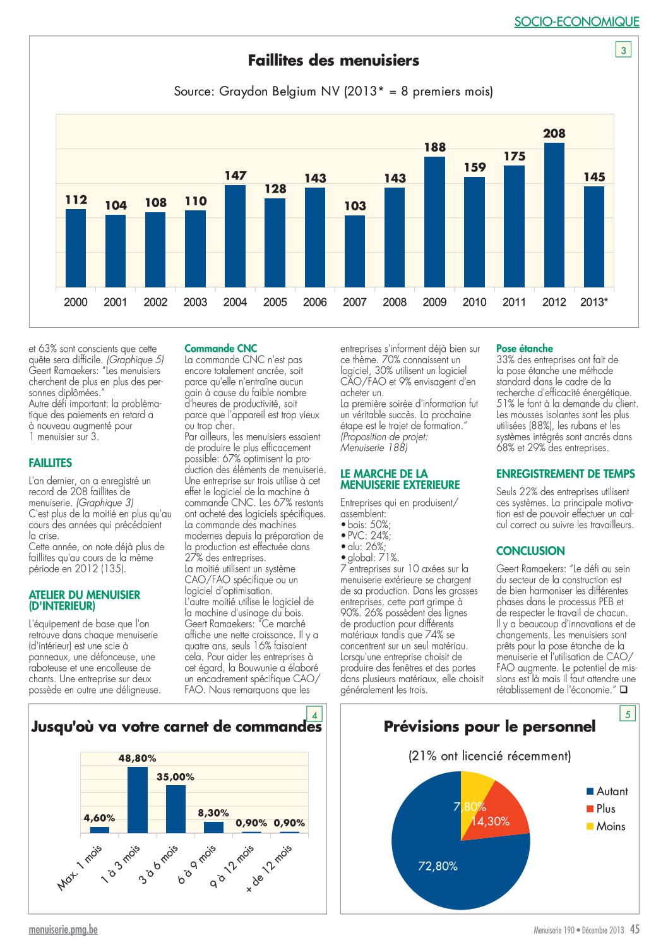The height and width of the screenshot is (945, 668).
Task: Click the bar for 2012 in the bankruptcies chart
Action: click(x=554, y=215)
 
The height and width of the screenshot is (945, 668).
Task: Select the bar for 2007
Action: click(x=355, y=251)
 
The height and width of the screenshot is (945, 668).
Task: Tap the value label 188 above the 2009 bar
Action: click(x=435, y=147)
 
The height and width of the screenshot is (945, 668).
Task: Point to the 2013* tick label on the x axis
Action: click(x=593, y=302)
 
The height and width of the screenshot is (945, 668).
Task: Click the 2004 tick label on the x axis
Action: click(x=235, y=302)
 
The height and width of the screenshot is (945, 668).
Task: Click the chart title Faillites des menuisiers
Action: click(x=333, y=61)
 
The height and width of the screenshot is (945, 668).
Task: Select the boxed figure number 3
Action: click(x=623, y=50)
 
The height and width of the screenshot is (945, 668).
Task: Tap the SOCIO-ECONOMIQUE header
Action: click(x=576, y=21)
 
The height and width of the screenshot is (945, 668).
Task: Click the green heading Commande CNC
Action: click(x=220, y=349)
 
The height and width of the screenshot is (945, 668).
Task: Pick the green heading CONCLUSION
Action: click(x=530, y=551)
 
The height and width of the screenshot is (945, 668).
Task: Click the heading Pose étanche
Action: click(x=524, y=349)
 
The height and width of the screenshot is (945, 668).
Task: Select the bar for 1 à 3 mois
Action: click(x=138, y=800)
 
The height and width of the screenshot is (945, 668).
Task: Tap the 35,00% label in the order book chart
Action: click(x=176, y=777)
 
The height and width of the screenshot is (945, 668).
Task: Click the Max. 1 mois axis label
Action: click(x=80, y=867)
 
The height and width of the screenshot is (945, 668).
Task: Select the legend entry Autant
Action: click(x=607, y=791)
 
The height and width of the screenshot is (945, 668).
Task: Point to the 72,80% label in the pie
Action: click(x=438, y=866)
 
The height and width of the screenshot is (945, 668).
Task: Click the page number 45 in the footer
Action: click(x=635, y=929)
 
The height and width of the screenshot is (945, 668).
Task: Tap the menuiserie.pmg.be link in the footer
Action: click(x=63, y=930)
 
